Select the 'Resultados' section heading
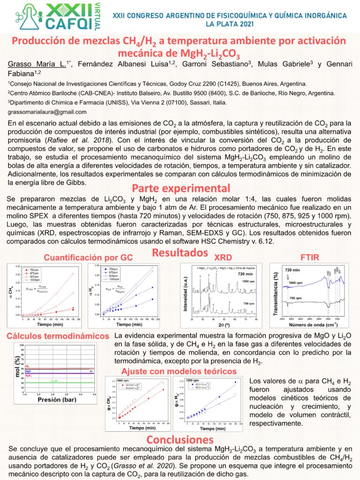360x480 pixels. click(x=180, y=253)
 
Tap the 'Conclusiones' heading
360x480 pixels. click(x=180, y=440)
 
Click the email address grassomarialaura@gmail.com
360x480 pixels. click(x=47, y=112)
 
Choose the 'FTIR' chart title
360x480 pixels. click(x=308, y=257)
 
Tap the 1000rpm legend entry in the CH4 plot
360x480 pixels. click(x=28, y=280)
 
